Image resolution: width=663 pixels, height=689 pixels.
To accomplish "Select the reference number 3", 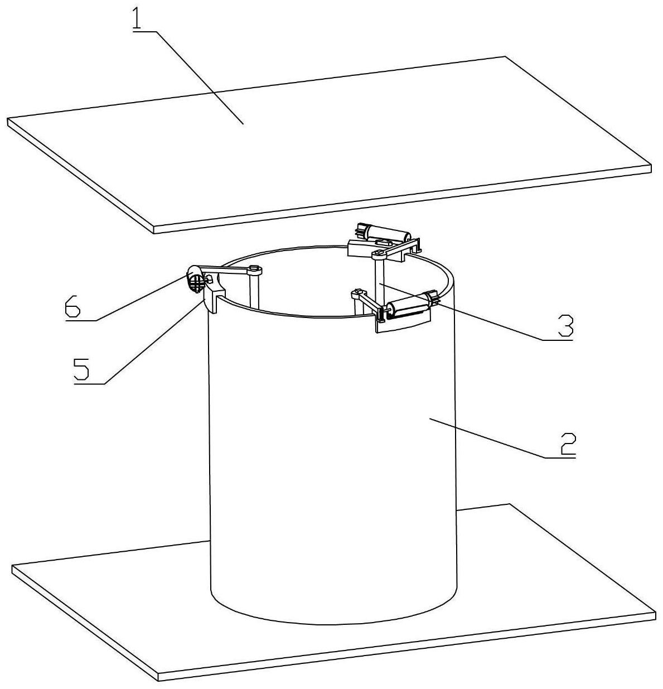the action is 565,326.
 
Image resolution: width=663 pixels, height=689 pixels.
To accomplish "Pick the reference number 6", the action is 72,306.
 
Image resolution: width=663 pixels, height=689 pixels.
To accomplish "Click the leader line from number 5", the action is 151,343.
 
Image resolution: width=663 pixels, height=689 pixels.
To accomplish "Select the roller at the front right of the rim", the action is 410,309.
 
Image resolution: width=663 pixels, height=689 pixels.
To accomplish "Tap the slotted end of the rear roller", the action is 362,230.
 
